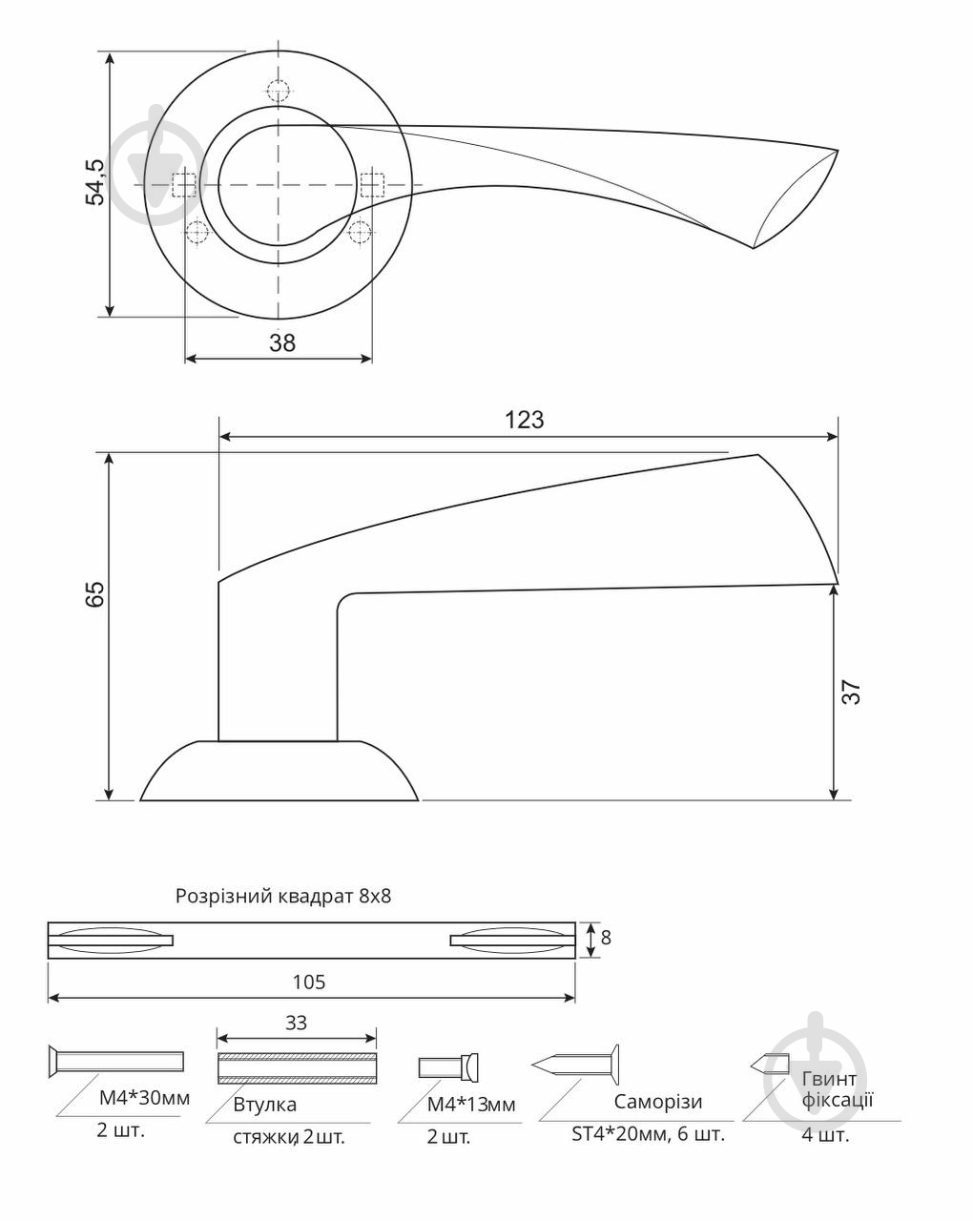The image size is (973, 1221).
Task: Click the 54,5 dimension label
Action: (x=94, y=181)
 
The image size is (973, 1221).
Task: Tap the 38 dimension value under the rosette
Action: (x=282, y=343)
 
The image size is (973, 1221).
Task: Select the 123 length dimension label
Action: (x=525, y=420)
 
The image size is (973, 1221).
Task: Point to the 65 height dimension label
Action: (x=94, y=593)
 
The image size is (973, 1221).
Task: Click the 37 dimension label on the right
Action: (x=851, y=692)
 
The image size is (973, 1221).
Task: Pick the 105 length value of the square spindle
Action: (x=309, y=983)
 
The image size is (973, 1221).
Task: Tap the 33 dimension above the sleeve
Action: (x=296, y=1023)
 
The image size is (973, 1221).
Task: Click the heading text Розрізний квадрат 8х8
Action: (x=283, y=896)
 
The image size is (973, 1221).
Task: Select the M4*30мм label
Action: (x=145, y=1098)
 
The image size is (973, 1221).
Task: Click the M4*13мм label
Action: (x=471, y=1104)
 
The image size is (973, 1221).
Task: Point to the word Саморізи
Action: (x=657, y=1101)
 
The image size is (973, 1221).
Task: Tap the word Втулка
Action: (x=265, y=1104)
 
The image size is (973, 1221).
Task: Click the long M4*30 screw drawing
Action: (x=116, y=1061)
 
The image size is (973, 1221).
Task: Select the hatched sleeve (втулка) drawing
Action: (x=297, y=1068)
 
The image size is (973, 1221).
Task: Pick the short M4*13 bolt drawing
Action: (x=448, y=1067)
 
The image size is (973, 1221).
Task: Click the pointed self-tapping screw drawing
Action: (x=574, y=1065)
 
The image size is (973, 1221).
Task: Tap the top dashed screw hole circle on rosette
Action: (x=278, y=91)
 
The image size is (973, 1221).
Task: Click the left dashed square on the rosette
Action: (x=184, y=185)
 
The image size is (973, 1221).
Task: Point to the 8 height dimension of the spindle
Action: (x=606, y=938)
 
